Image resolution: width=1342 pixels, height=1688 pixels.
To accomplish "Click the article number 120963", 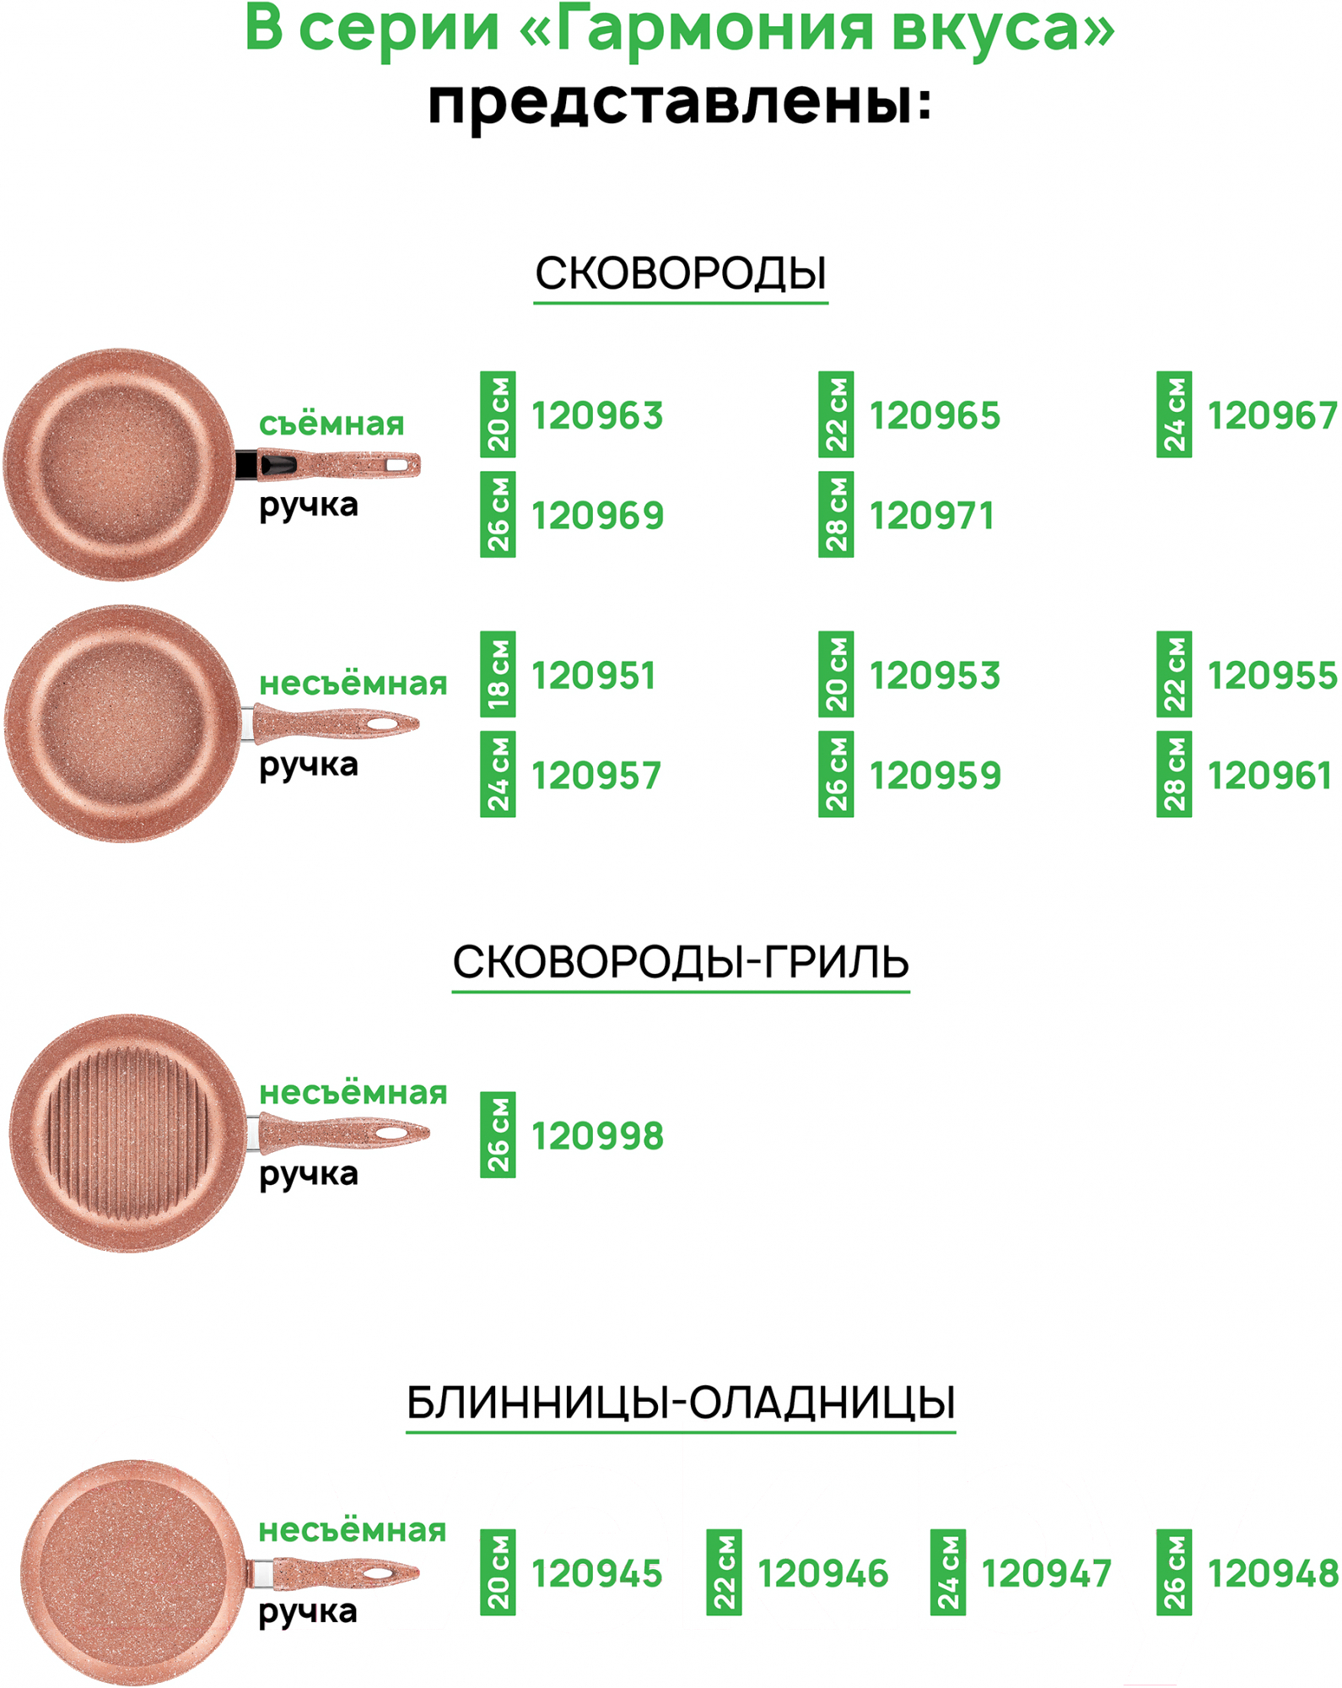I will [597, 416].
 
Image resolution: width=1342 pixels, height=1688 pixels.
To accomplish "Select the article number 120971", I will [931, 516].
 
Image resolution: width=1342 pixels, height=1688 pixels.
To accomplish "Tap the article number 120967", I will [1272, 416].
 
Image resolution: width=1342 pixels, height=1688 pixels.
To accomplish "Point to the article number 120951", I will [593, 676].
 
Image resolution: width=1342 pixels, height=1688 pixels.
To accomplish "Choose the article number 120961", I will [1269, 776].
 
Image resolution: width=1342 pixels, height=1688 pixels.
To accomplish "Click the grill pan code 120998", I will [597, 1136].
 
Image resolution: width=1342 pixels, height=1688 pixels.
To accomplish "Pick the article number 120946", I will [822, 1574].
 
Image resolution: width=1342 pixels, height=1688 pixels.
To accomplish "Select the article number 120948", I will [1272, 1574].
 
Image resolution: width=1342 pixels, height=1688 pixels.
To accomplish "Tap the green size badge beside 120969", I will [498, 514].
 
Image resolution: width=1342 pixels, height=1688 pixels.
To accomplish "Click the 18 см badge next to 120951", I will [498, 674].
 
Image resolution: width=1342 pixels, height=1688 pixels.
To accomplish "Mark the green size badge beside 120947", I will [947, 1572].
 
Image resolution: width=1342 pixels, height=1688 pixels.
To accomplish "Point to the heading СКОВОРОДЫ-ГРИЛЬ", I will [681, 961].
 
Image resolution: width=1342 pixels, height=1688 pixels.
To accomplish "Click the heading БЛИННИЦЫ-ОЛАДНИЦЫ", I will [681, 1402].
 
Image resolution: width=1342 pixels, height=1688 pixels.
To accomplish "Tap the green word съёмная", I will [331, 424].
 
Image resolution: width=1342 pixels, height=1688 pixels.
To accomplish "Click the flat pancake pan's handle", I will [337, 1573].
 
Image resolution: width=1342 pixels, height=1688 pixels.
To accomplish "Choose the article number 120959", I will [935, 776].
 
